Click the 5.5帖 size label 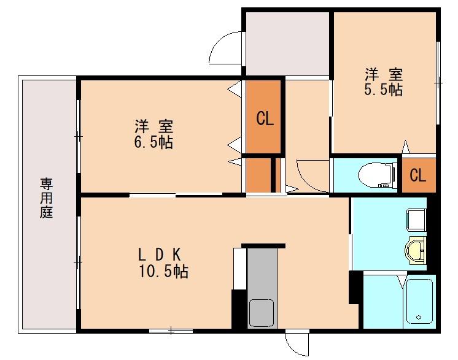[384, 90]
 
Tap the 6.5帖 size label [154, 143]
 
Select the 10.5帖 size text [163, 271]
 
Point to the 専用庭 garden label [47, 198]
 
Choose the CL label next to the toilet [418, 176]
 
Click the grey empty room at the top [287, 43]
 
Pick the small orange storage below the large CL [258, 175]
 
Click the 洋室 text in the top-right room [384, 75]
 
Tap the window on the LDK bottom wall [171, 331]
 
